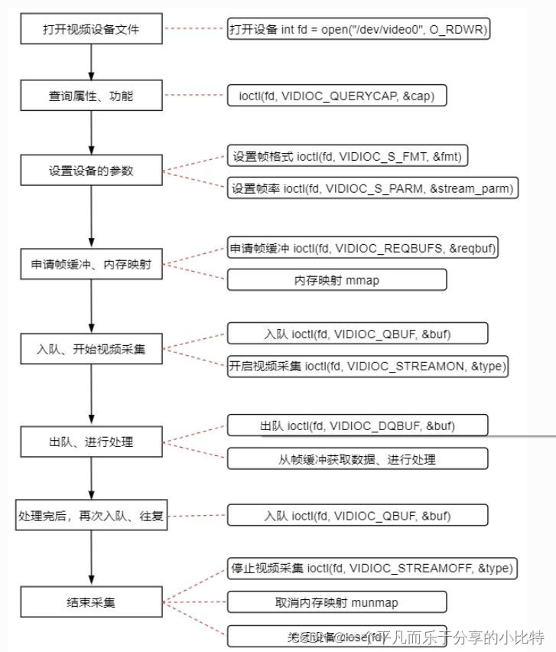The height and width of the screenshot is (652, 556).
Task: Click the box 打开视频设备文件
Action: point(91,31)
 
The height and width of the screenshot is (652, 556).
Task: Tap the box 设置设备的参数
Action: point(91,171)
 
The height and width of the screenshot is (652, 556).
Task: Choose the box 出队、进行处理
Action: point(91,442)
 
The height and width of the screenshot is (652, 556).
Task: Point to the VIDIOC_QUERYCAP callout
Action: point(337,96)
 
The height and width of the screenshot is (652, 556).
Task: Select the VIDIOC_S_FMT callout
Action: point(347,156)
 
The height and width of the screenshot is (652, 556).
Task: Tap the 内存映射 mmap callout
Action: point(337,280)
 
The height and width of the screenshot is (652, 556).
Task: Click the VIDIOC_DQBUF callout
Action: point(358,425)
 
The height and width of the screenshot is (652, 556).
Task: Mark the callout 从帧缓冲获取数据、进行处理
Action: point(357,458)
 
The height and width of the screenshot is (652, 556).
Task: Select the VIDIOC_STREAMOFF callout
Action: point(373,569)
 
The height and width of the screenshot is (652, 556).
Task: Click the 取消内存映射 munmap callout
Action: point(337,602)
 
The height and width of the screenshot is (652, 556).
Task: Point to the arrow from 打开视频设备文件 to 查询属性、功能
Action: point(91,63)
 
